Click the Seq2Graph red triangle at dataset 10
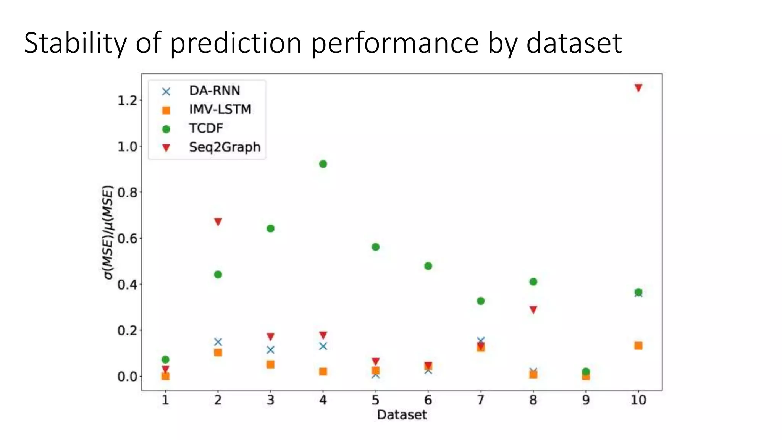(x=638, y=88)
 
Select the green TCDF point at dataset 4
(x=323, y=164)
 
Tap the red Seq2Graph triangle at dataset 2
(x=218, y=222)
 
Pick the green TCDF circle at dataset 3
(x=270, y=229)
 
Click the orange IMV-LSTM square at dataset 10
(x=638, y=346)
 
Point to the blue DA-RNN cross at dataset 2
(x=218, y=342)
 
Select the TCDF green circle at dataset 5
(x=375, y=247)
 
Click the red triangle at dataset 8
(x=533, y=309)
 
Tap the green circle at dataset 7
(x=481, y=301)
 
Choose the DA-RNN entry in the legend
(x=215, y=91)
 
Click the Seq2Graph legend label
(x=225, y=147)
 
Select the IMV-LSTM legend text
(x=220, y=110)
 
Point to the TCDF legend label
(x=206, y=128)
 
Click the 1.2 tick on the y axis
(x=127, y=100)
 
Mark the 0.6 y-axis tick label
(x=127, y=239)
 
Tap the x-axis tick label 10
(x=638, y=400)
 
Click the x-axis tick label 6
(x=428, y=400)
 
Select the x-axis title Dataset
(x=402, y=415)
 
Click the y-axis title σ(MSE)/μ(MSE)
(x=108, y=232)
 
